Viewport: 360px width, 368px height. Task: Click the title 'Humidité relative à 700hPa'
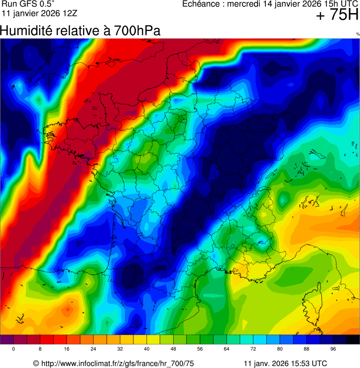80,31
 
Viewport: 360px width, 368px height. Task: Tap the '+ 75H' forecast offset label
337,15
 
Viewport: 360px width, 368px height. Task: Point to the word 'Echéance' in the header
199,4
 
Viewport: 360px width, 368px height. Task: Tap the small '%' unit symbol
358,34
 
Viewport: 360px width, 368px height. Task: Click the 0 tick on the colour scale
14,349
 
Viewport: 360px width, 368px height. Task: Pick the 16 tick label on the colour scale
67,349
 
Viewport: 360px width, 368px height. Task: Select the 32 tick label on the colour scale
120,349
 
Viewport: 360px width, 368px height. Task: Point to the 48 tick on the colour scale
174,349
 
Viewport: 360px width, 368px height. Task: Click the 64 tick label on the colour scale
227,349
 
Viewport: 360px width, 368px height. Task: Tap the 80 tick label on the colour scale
280,349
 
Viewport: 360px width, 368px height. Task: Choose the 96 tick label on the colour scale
333,349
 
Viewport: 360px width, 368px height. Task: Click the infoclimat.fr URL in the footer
118,363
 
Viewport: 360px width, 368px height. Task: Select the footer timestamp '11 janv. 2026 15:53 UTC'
286,363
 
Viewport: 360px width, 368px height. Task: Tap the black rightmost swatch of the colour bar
353,340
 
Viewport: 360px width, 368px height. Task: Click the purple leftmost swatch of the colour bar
7,340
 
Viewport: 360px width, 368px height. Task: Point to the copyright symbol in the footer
36,363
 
